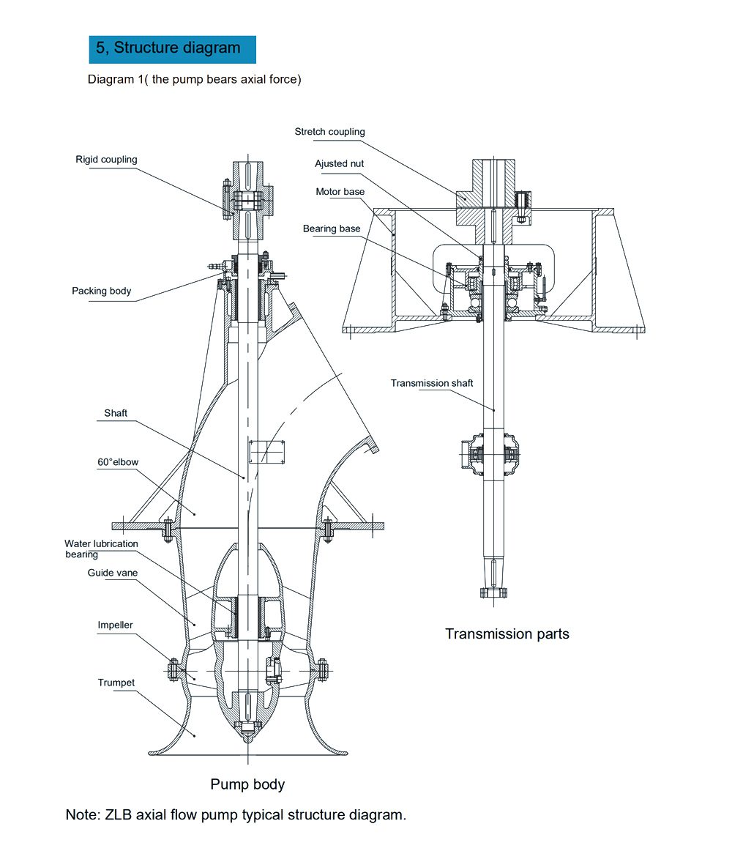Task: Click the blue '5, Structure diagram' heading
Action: click(x=172, y=48)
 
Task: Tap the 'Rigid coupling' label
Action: click(x=106, y=160)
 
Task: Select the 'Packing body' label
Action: click(x=101, y=291)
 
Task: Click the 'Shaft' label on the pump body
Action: click(x=116, y=413)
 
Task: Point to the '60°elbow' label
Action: click(x=118, y=462)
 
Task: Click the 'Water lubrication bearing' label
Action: click(x=100, y=549)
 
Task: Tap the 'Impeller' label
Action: click(x=116, y=625)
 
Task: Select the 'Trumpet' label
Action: click(x=116, y=683)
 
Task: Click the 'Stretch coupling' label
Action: click(x=329, y=132)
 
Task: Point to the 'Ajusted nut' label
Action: click(x=339, y=164)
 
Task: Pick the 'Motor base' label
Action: click(x=340, y=192)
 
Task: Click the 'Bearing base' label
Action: click(x=332, y=229)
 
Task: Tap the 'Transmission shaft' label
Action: click(x=432, y=383)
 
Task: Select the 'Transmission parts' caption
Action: click(x=507, y=634)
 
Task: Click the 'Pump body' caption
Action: click(x=247, y=784)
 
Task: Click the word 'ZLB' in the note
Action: click(x=122, y=814)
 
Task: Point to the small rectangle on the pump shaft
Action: click(x=266, y=451)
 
